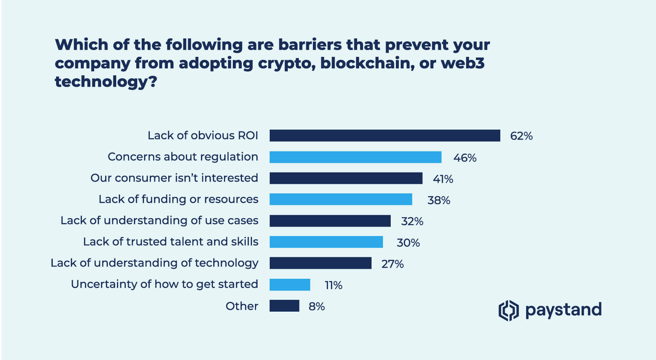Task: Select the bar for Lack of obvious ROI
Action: (x=384, y=136)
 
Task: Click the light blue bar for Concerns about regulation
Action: (x=355, y=157)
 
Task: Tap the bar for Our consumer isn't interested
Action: (x=346, y=178)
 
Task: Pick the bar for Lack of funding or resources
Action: (x=341, y=199)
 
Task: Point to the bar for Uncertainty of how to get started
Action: (x=290, y=285)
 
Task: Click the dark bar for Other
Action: (x=284, y=306)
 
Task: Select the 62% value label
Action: (x=521, y=136)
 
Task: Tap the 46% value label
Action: (x=465, y=158)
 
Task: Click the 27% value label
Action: (x=392, y=264)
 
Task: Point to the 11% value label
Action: (x=333, y=285)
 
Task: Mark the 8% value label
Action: (x=317, y=306)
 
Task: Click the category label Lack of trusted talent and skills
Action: (x=170, y=241)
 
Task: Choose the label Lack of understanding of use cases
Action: (x=159, y=220)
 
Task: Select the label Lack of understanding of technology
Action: (x=154, y=263)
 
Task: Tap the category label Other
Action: (x=242, y=306)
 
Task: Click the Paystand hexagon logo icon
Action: (x=508, y=310)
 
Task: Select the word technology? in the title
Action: (x=106, y=82)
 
